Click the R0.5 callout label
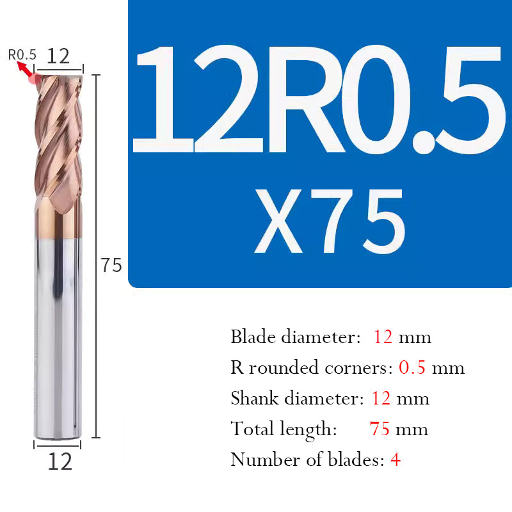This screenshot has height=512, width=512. (22, 54)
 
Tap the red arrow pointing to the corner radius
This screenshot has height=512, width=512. (26, 68)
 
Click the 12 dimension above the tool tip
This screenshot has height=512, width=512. (58, 56)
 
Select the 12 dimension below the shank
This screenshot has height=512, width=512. (60, 461)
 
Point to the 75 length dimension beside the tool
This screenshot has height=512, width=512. (111, 265)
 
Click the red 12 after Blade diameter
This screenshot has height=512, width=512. (383, 337)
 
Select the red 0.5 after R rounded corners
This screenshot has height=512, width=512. (412, 367)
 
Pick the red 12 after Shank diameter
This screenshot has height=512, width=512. (381, 398)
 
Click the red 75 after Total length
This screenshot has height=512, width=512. (380, 429)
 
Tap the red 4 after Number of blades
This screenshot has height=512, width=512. (396, 460)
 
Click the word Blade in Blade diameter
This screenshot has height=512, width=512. (251, 337)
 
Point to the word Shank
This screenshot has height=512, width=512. (254, 398)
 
